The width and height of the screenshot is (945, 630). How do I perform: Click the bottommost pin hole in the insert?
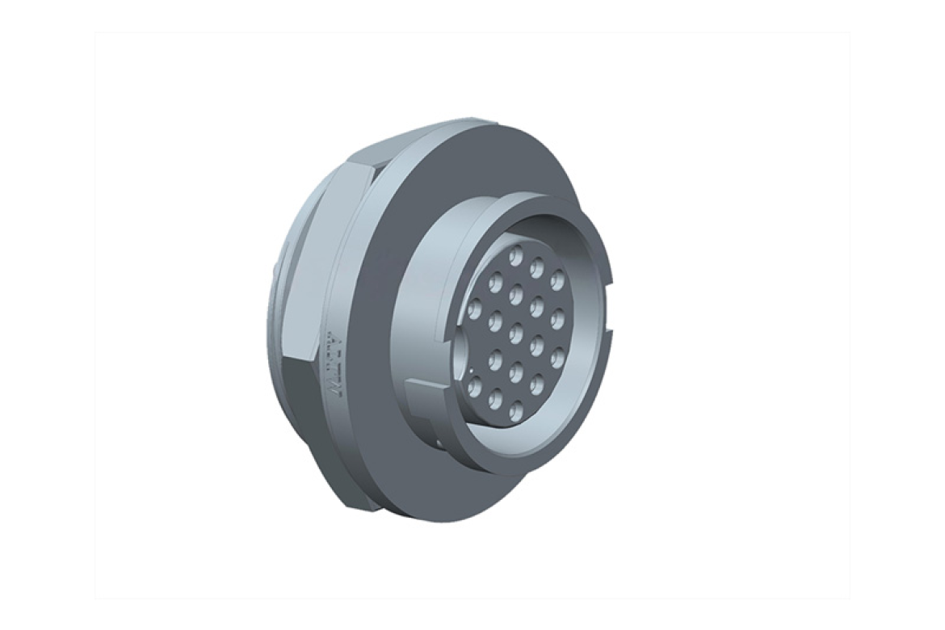pyautogui.click(x=494, y=399)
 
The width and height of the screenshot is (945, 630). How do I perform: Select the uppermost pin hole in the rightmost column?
pyautogui.click(x=556, y=280)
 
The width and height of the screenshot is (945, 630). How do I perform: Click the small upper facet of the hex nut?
pyautogui.click(x=363, y=153)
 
